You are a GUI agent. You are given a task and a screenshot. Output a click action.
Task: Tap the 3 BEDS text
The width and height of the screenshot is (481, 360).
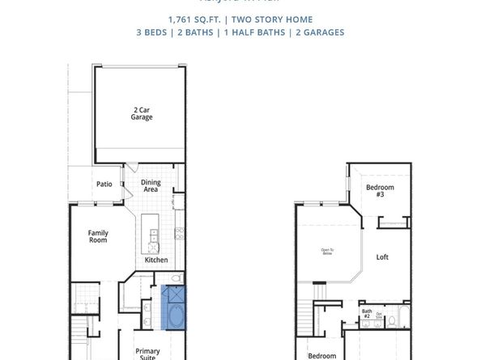point(157,32)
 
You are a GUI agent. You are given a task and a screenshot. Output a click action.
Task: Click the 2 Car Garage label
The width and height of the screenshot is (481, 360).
point(142,113)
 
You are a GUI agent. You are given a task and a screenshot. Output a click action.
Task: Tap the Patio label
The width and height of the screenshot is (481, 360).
point(104,184)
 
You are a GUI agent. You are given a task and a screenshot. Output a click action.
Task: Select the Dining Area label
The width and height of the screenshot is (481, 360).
point(151,186)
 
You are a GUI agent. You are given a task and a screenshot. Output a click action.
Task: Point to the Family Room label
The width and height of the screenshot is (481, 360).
point(98,237)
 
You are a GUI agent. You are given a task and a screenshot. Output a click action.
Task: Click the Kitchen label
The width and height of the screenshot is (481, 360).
point(156,260)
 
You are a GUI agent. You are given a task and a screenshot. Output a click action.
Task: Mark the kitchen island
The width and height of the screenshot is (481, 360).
point(149,233)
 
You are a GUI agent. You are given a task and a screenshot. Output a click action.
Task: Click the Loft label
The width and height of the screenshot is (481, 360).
point(382,257)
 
